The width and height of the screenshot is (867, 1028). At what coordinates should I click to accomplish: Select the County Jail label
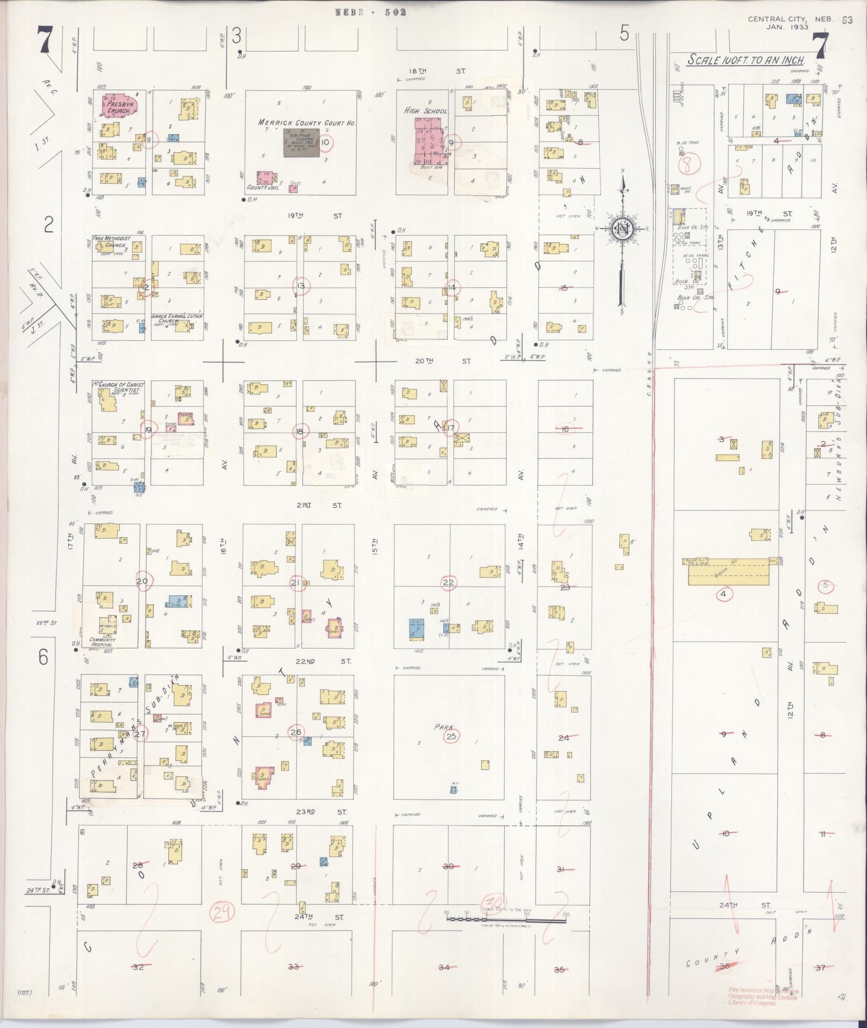point(261,188)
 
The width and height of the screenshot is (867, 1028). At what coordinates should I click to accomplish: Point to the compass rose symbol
point(622,229)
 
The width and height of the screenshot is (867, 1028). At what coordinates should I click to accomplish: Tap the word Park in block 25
point(445,727)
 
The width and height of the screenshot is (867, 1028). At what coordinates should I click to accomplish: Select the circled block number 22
point(448,583)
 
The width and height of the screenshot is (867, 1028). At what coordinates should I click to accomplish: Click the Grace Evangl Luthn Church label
point(177,318)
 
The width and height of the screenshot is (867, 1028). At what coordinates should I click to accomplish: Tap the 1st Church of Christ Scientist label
point(116,387)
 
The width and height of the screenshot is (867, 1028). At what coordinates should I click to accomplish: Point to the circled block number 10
point(326,142)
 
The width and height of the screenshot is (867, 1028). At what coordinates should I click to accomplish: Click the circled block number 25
point(451,736)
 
